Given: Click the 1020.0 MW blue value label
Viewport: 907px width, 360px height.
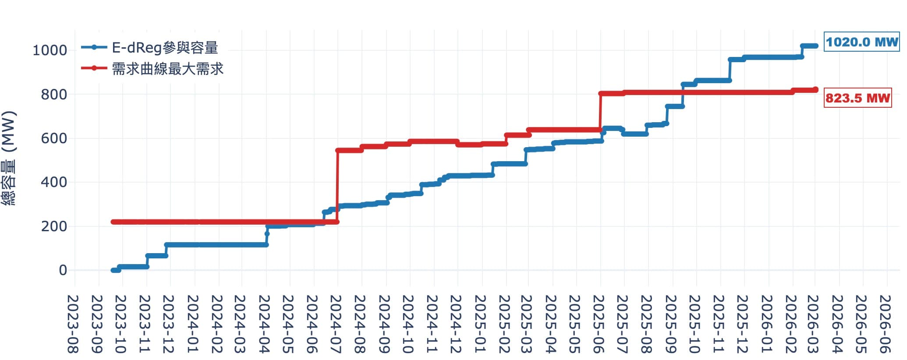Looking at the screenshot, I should (862, 42).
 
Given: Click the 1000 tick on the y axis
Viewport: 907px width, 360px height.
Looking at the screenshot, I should (50, 50).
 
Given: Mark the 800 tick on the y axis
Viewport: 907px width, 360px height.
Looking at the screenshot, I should (54, 94).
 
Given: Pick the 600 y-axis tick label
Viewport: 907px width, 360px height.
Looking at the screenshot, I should (54, 138).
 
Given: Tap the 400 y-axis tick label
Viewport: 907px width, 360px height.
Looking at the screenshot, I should (54, 182).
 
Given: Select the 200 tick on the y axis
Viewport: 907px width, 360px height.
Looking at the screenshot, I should (54, 226).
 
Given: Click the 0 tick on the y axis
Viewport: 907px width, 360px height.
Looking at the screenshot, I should (63, 270).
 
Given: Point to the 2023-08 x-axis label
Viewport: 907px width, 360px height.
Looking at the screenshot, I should (73, 324).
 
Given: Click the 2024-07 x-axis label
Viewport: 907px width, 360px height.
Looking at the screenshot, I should (337, 324).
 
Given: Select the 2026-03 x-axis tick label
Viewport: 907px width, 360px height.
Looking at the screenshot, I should (814, 324).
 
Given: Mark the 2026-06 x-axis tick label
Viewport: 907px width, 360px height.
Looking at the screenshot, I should (886, 324).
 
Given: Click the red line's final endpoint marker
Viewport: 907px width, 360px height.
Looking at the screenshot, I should (815, 90).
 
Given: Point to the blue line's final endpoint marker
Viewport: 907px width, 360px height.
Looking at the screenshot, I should (815, 46).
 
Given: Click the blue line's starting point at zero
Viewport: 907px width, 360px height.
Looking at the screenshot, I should (113, 270).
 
